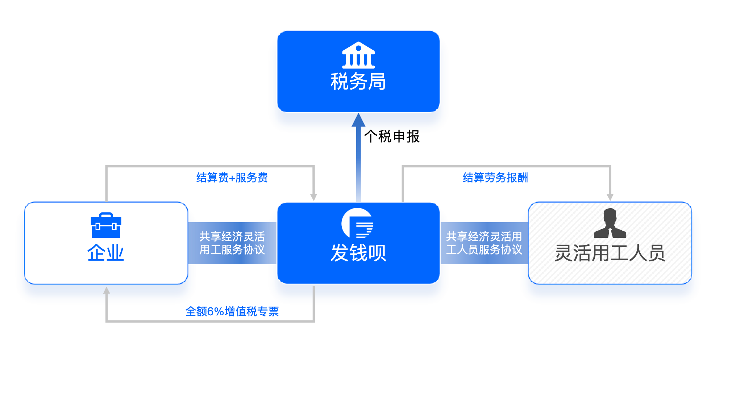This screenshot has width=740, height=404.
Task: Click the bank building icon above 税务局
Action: [x=358, y=55]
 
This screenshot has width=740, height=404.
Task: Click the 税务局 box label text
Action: [x=358, y=81]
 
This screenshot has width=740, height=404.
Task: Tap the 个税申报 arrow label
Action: [x=392, y=137]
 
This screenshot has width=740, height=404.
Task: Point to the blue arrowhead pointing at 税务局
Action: [x=358, y=120]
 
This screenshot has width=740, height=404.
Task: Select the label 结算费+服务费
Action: [x=232, y=178]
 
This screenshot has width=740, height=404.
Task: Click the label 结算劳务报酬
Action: [x=495, y=178]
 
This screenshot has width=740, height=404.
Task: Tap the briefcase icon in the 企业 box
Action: [x=106, y=225]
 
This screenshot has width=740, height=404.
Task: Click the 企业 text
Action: [x=106, y=253]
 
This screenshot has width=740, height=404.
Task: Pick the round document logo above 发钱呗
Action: [x=357, y=223]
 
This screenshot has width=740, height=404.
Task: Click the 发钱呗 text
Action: [x=358, y=253]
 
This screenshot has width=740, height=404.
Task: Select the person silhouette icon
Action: [x=610, y=223]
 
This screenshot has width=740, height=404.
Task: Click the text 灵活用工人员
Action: [x=610, y=253]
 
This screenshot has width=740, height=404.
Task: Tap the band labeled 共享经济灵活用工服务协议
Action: [x=232, y=243]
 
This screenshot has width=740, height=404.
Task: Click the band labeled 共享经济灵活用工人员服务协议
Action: [x=484, y=243]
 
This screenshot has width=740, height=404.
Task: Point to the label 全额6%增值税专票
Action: [x=232, y=311]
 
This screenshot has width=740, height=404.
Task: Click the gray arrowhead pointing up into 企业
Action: [x=107, y=290]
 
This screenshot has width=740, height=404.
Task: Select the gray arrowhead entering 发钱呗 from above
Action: [x=313, y=197]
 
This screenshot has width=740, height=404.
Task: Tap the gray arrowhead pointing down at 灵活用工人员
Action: [x=610, y=197]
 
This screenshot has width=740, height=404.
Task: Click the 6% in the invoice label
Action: [x=216, y=311]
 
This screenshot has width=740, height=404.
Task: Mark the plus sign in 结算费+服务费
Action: [x=232, y=178]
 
